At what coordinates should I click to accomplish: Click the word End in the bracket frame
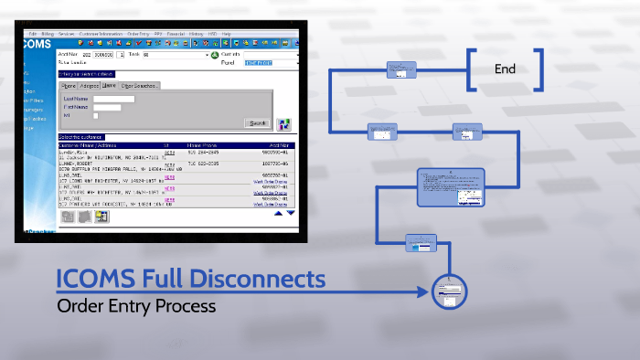[505, 69]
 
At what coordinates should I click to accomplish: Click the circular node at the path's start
[448, 292]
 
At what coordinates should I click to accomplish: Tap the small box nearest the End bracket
[401, 69]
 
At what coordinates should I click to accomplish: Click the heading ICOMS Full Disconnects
[190, 277]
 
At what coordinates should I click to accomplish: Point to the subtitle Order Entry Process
[136, 306]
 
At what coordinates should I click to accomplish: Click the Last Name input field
[113, 98]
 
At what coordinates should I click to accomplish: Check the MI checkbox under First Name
[96, 116]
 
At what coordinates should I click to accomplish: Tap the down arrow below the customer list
[291, 215]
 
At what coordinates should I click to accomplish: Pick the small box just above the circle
[421, 242]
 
